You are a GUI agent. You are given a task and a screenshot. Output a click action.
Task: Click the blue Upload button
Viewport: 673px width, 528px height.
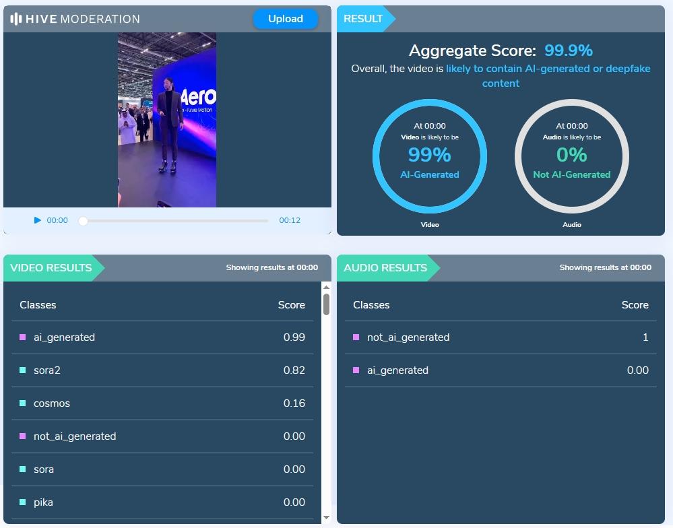(285, 19)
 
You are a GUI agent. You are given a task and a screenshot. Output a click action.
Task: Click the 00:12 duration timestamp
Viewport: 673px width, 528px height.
(290, 220)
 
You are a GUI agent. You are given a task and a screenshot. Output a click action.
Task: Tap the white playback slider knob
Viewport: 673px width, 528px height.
(83, 220)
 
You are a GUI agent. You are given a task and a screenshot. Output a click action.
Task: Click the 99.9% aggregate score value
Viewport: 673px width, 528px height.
(569, 51)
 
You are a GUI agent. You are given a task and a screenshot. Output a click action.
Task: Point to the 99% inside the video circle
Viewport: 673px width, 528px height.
(429, 155)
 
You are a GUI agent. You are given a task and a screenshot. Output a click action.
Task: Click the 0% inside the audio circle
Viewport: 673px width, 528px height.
(571, 155)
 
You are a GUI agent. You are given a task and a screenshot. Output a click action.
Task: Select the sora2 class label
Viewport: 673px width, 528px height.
(47, 370)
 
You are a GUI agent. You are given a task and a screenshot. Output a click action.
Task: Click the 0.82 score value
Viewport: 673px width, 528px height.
(294, 370)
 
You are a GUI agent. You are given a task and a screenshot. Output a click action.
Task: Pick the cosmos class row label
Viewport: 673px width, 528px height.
(52, 403)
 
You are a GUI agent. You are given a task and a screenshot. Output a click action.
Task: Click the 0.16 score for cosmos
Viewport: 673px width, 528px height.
(294, 403)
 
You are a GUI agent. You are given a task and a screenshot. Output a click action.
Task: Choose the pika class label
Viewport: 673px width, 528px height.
(43, 502)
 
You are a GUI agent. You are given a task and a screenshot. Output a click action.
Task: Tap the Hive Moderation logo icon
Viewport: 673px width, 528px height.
(16, 19)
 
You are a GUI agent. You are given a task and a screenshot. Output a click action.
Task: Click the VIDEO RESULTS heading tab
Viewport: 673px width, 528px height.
(51, 268)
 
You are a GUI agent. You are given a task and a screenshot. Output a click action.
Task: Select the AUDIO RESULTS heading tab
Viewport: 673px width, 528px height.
(385, 268)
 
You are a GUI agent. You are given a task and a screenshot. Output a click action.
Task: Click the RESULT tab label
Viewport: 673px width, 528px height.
(363, 19)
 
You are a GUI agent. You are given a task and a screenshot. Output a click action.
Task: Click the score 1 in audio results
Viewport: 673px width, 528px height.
(645, 337)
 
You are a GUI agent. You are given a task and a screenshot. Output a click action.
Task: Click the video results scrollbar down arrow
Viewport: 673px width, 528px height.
(327, 517)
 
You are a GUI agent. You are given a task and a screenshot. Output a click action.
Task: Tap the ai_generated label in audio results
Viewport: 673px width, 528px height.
(397, 370)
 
